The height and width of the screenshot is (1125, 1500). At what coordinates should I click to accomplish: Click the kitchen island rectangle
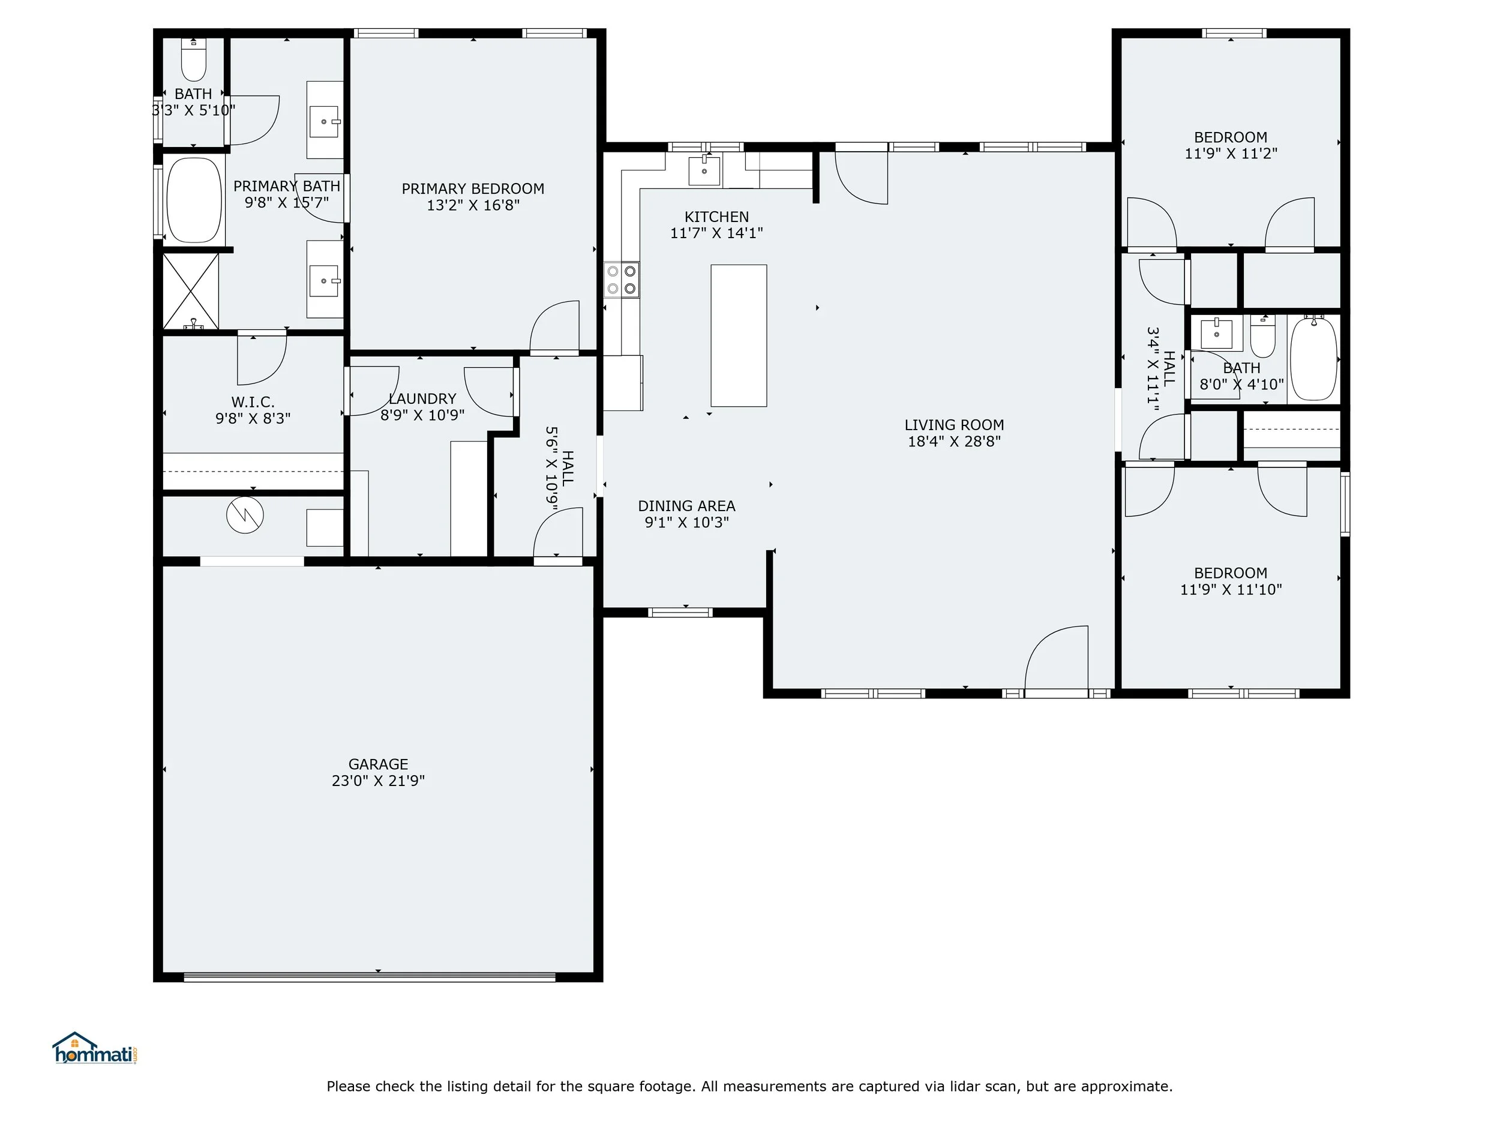click(739, 335)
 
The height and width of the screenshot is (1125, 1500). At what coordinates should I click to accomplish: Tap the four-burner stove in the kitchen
click(622, 280)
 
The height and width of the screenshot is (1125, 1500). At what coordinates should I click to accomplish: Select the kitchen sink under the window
click(704, 170)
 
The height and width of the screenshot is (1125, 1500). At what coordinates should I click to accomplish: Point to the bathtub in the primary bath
click(194, 199)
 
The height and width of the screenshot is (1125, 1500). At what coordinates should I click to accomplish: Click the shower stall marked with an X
click(191, 291)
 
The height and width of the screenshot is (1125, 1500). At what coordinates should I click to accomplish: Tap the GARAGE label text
click(379, 764)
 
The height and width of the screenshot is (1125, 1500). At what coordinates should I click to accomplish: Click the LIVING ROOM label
click(954, 425)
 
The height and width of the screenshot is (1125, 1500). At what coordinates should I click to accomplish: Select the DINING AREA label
click(687, 506)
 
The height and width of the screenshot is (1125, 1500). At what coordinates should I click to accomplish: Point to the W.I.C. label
click(253, 402)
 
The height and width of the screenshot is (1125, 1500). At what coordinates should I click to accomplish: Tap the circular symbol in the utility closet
click(245, 515)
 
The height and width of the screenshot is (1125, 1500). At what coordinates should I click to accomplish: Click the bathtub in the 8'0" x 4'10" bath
click(1313, 358)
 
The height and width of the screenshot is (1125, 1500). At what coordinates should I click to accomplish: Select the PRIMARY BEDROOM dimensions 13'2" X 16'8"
click(473, 205)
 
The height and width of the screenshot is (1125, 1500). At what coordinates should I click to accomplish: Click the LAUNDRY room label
click(422, 399)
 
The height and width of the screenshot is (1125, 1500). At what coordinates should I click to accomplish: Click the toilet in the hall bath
click(1262, 335)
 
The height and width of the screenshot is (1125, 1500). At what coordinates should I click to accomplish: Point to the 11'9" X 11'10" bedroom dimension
click(1231, 590)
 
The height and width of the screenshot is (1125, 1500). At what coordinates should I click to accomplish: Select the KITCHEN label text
click(717, 217)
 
